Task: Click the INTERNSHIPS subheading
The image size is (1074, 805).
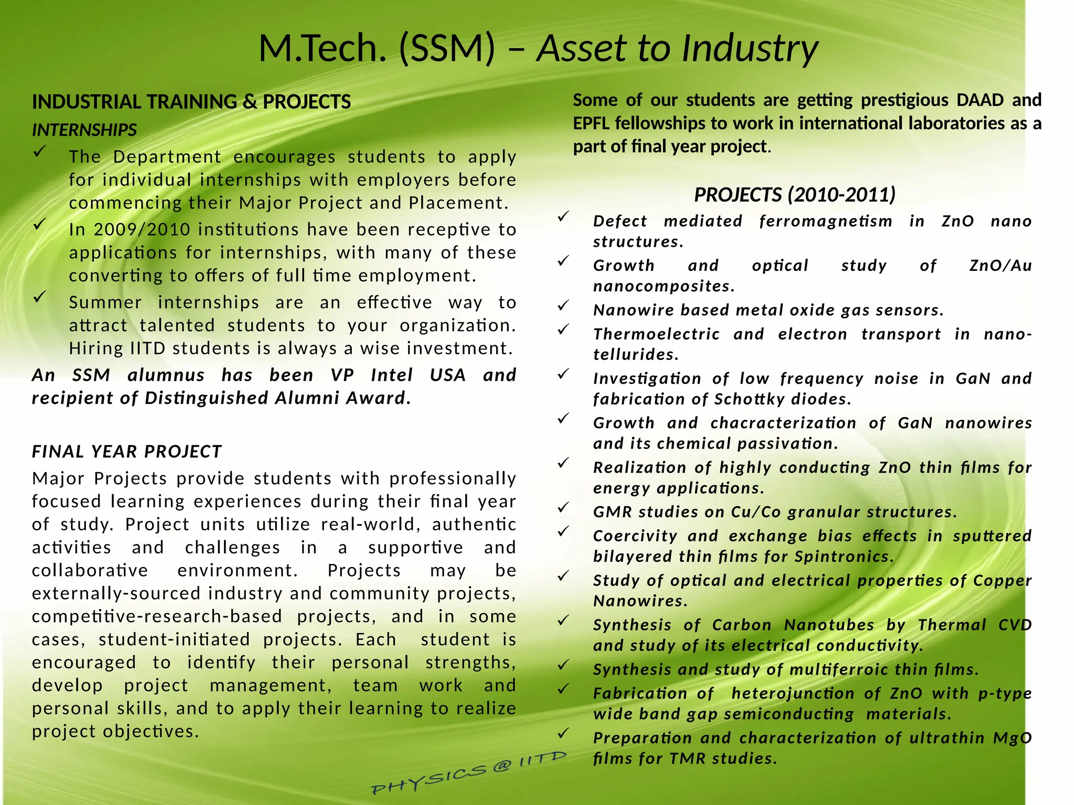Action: pyautogui.click(x=84, y=129)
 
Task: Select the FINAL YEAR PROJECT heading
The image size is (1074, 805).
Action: pyautogui.click(x=127, y=451)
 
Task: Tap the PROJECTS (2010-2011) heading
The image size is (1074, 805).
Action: pyautogui.click(x=794, y=195)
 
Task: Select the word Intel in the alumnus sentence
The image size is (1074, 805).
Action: pyautogui.click(x=392, y=375)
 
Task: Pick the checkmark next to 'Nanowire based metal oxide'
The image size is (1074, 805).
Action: pyautogui.click(x=563, y=305)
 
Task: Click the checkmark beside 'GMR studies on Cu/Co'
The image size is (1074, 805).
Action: pyautogui.click(x=563, y=507)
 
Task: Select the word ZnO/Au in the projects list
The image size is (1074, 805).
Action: pyautogui.click(x=1000, y=266)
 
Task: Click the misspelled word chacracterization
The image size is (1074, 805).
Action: pyautogui.click(x=783, y=423)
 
